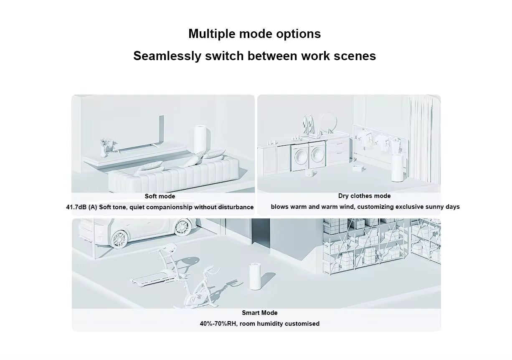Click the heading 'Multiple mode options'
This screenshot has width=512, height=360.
pos(254,34)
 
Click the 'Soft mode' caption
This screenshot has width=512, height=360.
pos(160,196)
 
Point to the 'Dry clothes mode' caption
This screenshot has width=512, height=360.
pos(364,196)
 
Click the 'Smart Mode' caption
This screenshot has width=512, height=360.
pos(260,313)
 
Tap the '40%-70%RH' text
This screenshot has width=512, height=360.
pos(219,324)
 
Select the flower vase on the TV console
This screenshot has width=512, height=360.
pos(105,147)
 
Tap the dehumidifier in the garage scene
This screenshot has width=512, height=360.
pos(256,276)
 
